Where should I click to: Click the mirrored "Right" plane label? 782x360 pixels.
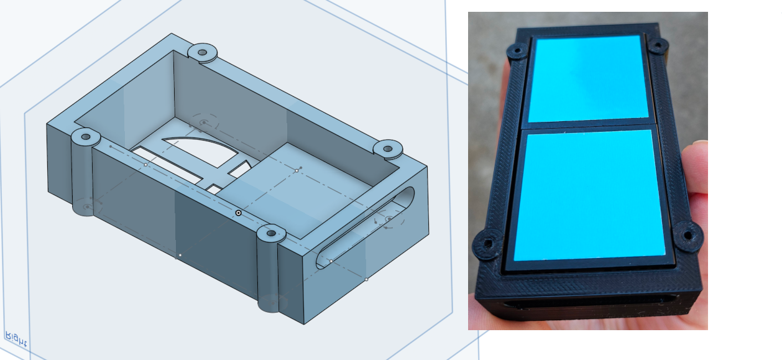tap(16, 339)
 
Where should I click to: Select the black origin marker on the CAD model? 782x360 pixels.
tap(239, 213)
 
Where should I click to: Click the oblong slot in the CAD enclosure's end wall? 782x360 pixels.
tap(365, 228)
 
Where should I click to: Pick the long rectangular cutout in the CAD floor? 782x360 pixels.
tap(167, 165)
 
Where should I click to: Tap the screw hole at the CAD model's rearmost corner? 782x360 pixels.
tap(203, 52)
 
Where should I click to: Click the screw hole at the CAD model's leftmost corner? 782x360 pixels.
tap(86, 137)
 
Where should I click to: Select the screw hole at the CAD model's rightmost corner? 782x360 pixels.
tap(388, 149)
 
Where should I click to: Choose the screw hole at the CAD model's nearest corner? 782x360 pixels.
tap(271, 233)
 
